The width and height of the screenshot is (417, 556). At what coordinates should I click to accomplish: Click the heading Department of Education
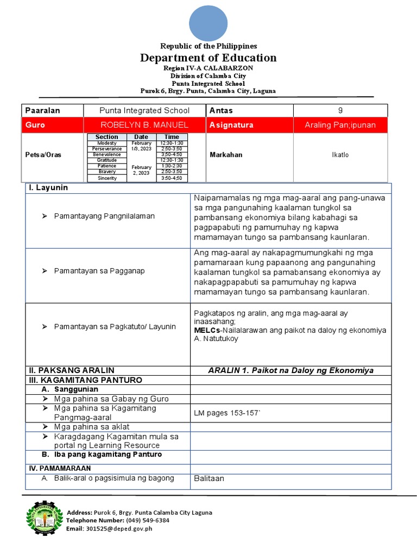coord(208,58)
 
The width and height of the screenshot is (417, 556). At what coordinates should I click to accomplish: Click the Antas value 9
coord(340,110)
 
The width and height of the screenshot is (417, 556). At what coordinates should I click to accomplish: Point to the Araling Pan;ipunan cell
coord(340,125)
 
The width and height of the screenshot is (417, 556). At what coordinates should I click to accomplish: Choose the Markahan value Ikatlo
coord(340,155)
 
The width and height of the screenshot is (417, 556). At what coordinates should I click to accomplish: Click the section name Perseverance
coord(107,149)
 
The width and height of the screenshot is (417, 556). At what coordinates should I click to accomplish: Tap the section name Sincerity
coord(107,178)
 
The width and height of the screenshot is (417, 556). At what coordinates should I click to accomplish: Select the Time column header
coord(172,137)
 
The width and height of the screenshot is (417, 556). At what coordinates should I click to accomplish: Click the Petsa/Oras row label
coord(43,155)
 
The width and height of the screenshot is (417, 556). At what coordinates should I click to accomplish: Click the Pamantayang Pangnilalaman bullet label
coord(104,216)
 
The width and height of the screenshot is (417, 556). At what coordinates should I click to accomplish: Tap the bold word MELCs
coord(207,330)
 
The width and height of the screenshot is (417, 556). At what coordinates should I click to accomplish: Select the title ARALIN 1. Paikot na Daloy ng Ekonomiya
coord(290,370)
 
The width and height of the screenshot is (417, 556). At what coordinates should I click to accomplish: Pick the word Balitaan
coord(209,478)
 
